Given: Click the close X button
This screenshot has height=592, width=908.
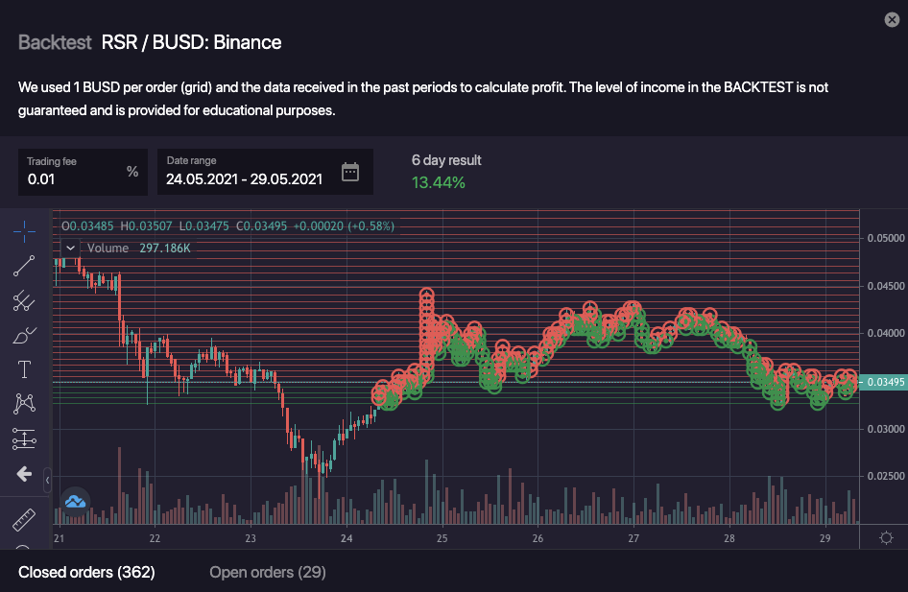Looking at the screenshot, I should tap(890, 20).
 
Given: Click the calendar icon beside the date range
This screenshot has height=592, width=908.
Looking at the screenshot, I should tap(350, 173).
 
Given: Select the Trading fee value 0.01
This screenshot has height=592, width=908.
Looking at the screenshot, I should tap(41, 178).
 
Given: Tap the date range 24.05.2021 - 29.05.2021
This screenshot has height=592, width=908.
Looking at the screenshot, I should tap(244, 178).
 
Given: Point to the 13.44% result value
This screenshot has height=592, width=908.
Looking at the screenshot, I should tap(438, 182).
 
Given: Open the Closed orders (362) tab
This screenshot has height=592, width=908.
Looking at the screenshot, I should tap(86, 573).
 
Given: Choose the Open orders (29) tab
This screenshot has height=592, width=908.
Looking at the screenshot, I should tap(268, 573).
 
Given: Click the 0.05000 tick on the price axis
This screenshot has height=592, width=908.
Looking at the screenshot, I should tap(885, 238).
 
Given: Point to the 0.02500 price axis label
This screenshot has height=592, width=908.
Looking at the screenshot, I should tap(885, 476).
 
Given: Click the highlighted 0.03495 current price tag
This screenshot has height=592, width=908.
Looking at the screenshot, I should tap(885, 382).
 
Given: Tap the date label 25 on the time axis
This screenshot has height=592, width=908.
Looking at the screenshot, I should tap(442, 538).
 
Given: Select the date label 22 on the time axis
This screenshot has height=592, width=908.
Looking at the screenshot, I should tap(155, 538).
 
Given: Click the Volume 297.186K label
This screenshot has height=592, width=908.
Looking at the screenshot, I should tap(138, 248).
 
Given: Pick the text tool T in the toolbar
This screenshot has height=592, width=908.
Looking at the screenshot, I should tap(24, 369).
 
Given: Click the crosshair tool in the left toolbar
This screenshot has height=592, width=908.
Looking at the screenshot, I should tap(24, 230).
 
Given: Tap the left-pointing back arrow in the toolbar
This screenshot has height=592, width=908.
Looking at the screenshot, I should tap(24, 474).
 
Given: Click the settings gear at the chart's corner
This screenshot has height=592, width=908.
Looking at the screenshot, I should tap(886, 538).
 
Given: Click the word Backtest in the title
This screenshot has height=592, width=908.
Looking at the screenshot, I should tap(55, 42).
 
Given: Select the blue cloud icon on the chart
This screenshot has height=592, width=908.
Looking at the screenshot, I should tap(75, 501).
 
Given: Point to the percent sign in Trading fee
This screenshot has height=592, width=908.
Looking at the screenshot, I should tap(132, 172).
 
